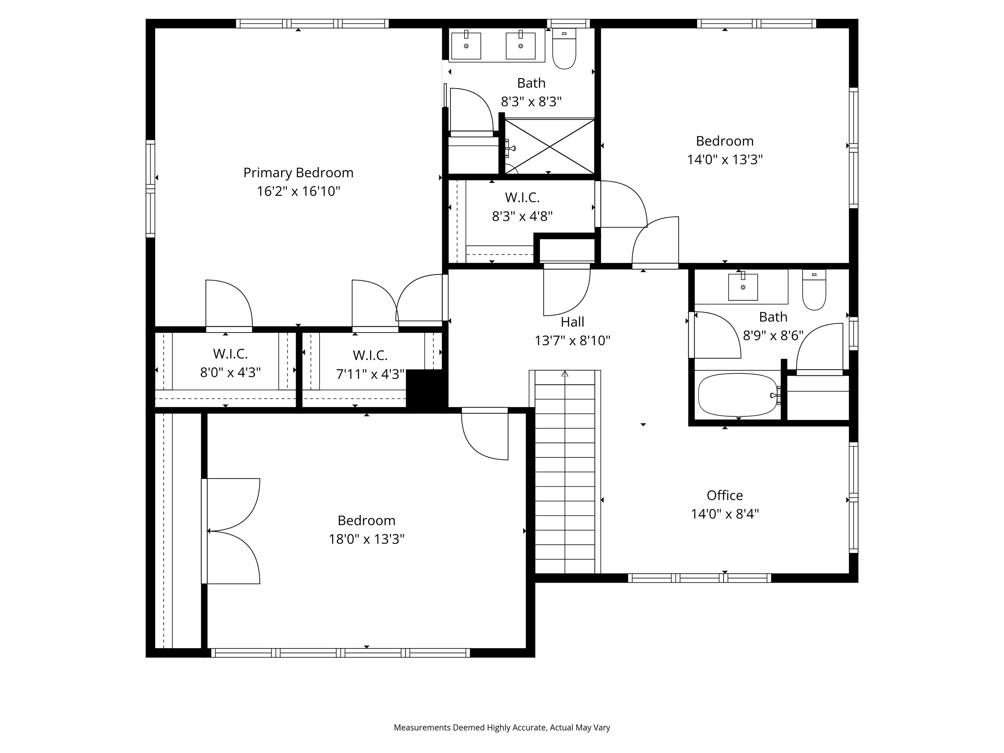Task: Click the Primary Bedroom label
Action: (298, 173)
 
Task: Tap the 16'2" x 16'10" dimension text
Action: (298, 192)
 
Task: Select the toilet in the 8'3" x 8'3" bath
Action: (564, 49)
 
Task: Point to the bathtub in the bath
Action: (738, 395)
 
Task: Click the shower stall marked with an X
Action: (549, 146)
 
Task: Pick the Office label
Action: (725, 495)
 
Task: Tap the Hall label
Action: (572, 322)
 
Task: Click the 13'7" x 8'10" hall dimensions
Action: (572, 341)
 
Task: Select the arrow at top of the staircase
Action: (565, 374)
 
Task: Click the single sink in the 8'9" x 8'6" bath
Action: (743, 287)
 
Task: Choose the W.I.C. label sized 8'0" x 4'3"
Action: (230, 354)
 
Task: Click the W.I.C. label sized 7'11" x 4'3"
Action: (370, 355)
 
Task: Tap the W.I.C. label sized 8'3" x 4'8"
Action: (522, 197)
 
